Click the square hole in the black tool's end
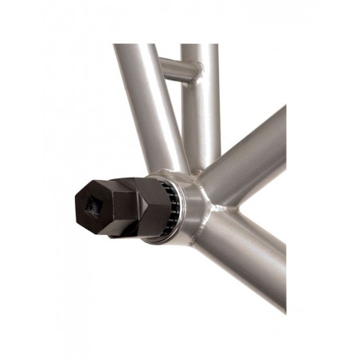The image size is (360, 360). [92, 209]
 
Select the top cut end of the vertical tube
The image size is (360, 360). [199, 45]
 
